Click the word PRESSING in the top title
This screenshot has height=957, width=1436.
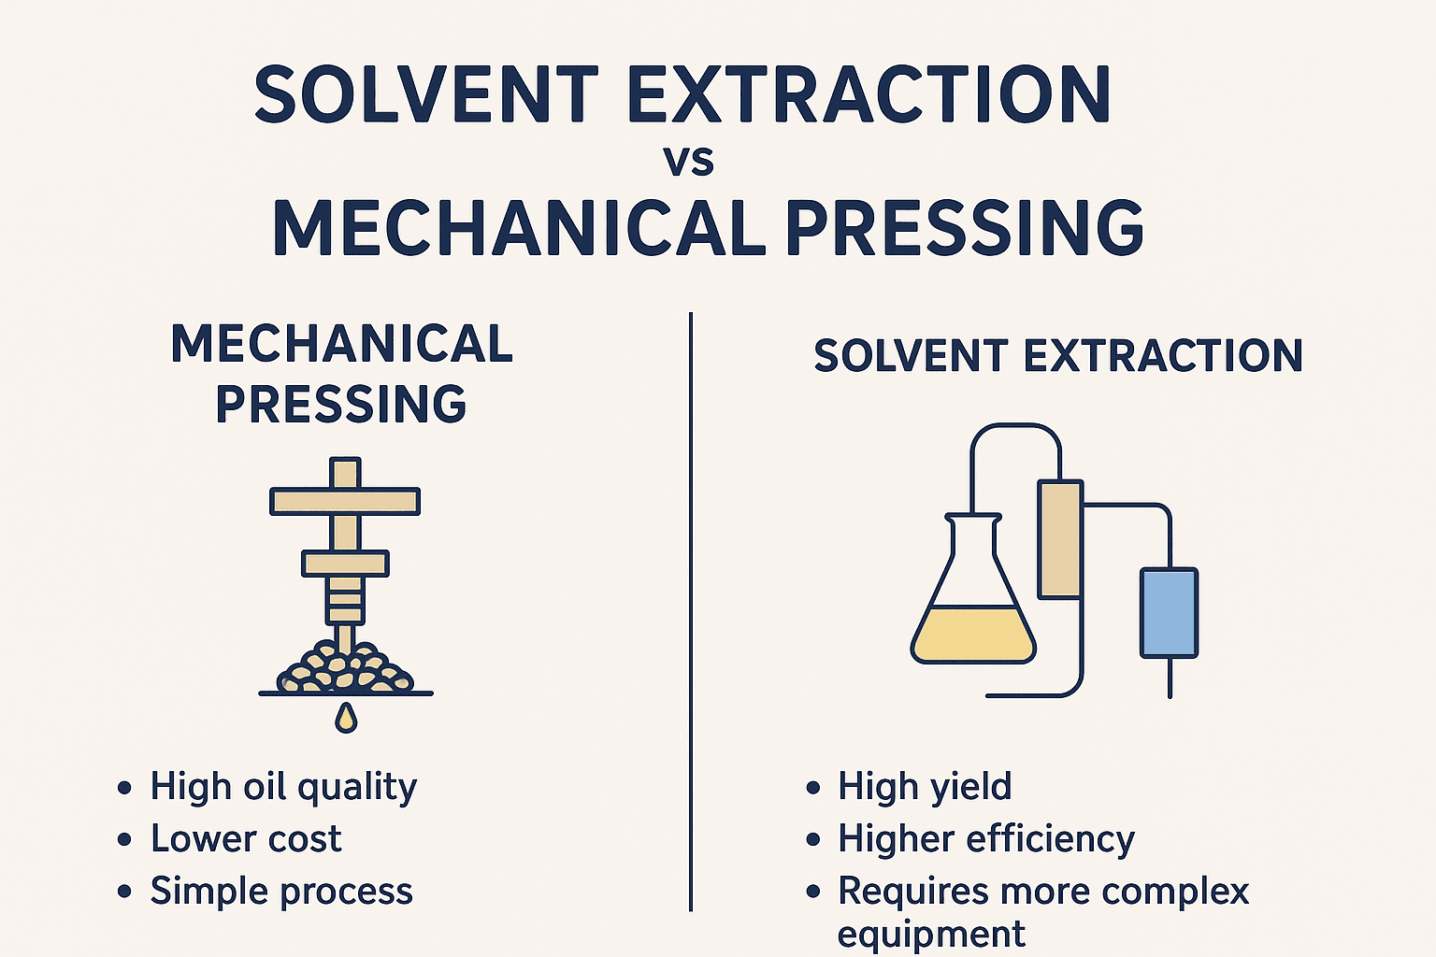coord(963,229)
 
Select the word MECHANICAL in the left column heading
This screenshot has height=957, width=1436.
coord(342,345)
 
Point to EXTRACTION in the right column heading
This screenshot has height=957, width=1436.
coord(1163,356)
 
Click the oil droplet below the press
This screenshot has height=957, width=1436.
coord(346,718)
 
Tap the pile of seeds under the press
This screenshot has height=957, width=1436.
coord(346,667)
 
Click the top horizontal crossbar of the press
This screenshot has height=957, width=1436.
coord(345,501)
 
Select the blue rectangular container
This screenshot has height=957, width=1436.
coord(1169,612)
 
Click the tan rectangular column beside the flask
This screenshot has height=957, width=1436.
coord(1060,538)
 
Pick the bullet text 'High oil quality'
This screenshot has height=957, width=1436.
coord(283,787)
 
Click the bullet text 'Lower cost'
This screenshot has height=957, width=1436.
coord(246,839)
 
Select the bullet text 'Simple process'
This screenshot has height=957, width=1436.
coord(281,892)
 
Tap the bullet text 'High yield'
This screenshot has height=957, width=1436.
coord(924,787)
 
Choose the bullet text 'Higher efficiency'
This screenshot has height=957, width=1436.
coord(985,839)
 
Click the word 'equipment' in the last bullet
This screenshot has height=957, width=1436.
coord(931,934)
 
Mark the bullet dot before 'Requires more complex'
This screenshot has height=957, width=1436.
coord(812,892)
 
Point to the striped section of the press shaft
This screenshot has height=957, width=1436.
coord(345,601)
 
